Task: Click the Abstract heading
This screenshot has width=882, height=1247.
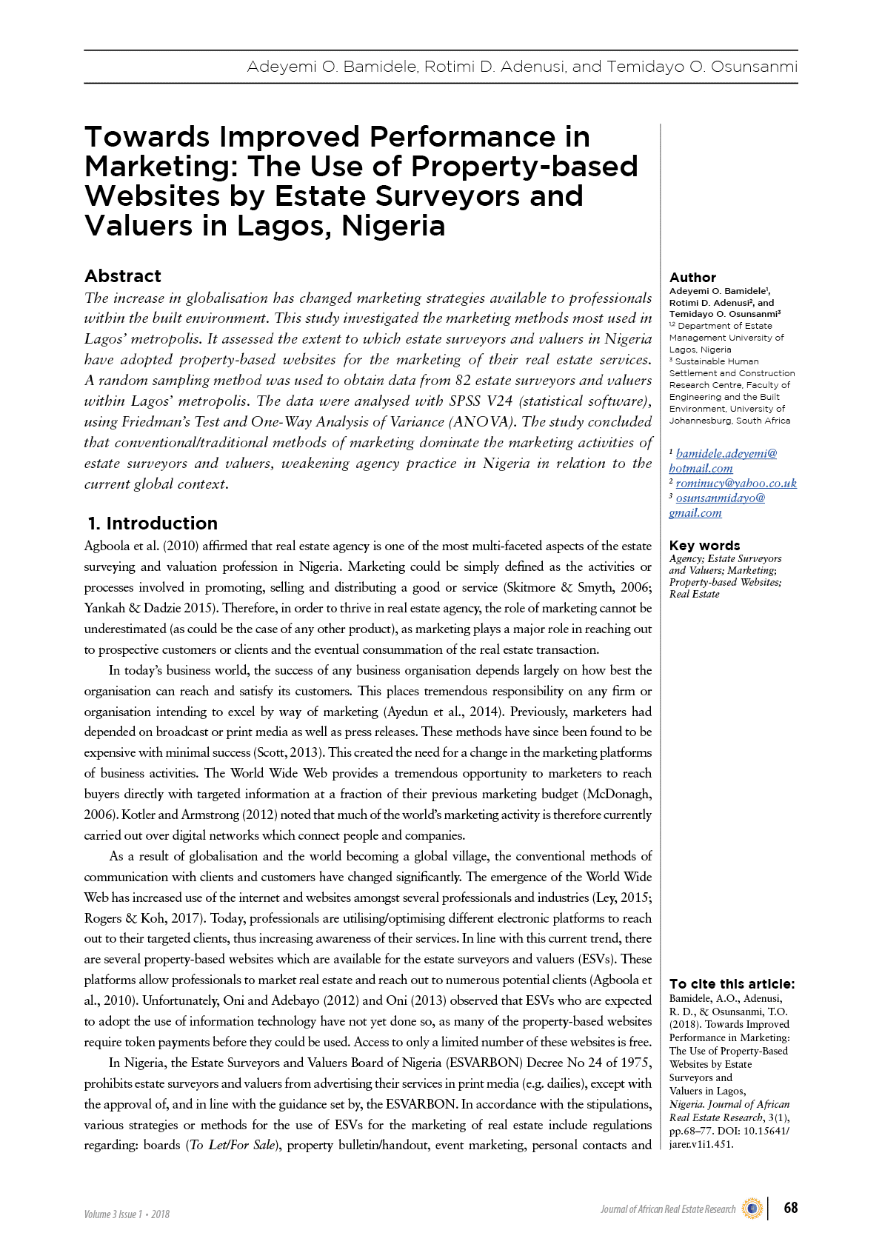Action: (123, 276)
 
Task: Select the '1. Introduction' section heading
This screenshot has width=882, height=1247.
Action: (153, 524)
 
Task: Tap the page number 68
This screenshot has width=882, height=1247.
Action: (791, 1208)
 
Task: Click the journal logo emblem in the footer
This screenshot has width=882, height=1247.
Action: (752, 1208)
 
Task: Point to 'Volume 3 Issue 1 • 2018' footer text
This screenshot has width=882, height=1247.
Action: (127, 1214)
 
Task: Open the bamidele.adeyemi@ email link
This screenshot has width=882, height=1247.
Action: (726, 454)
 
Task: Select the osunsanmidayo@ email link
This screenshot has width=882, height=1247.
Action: (720, 498)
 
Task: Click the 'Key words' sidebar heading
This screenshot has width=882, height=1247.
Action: (704, 546)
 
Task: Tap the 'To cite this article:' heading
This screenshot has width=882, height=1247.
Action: (732, 984)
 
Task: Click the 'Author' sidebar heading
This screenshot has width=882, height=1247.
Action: (692, 278)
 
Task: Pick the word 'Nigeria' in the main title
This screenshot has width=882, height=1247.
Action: (393, 226)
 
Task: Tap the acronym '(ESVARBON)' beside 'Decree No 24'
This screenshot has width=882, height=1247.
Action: (484, 1063)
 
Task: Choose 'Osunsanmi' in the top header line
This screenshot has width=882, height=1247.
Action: (754, 67)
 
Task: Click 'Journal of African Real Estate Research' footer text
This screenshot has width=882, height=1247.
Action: (668, 1209)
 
